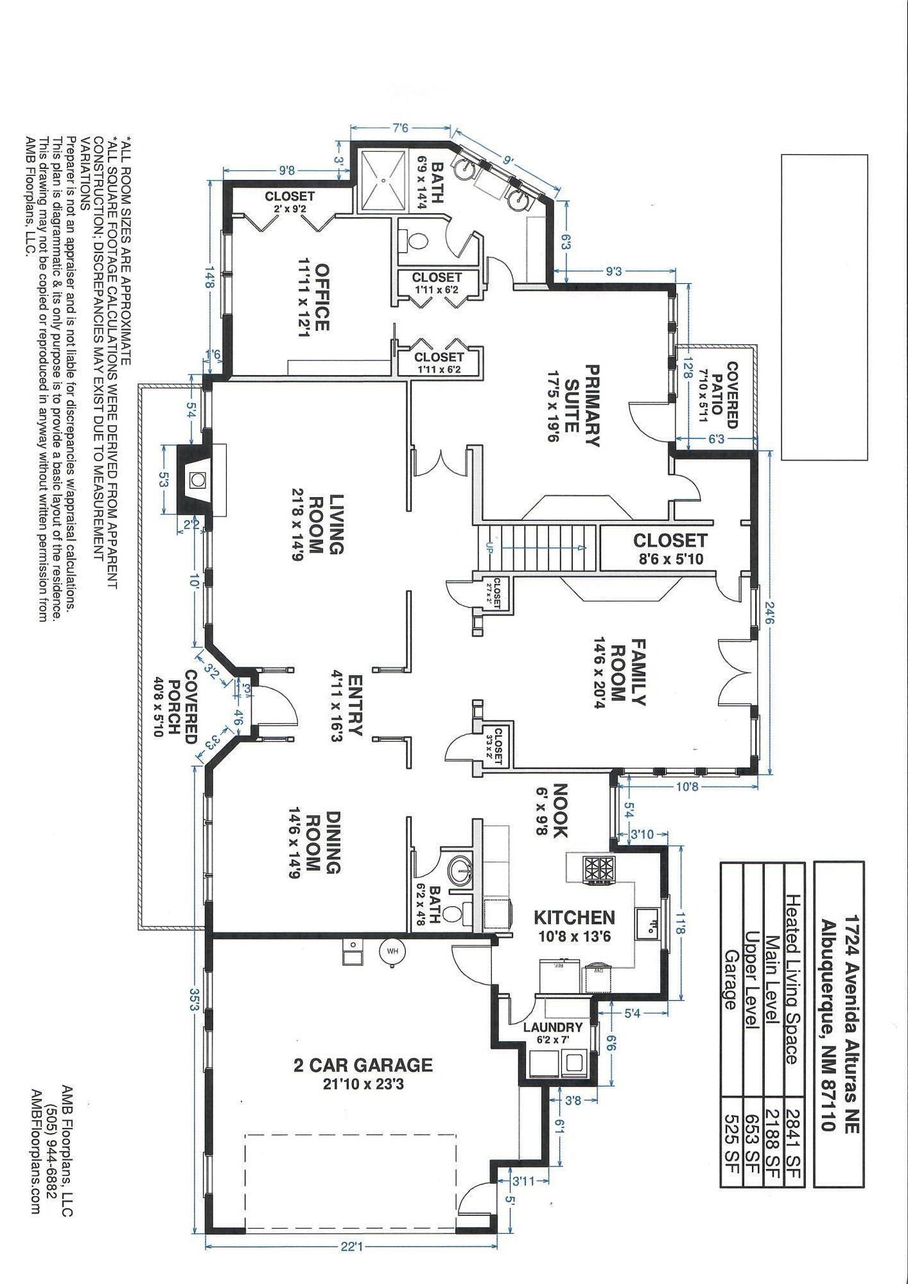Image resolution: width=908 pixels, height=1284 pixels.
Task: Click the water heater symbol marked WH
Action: pyautogui.click(x=392, y=951)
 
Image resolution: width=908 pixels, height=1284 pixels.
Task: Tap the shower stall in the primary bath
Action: pyautogui.click(x=383, y=180)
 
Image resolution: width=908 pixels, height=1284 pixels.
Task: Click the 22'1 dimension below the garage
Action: pyautogui.click(x=351, y=1247)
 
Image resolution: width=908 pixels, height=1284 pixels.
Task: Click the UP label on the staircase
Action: pyautogui.click(x=489, y=547)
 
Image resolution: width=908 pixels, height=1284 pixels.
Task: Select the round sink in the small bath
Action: pyautogui.click(x=458, y=870)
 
